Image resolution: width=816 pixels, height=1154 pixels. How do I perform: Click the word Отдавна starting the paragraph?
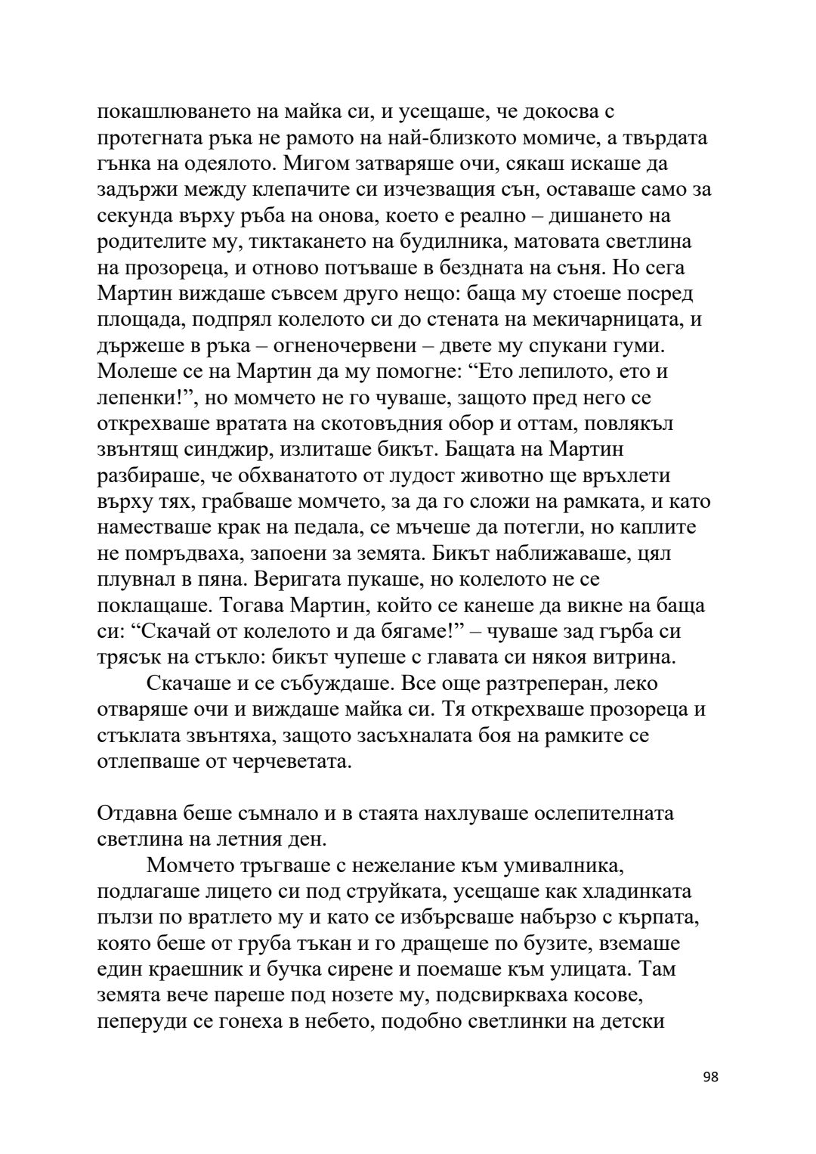coord(137,814)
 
